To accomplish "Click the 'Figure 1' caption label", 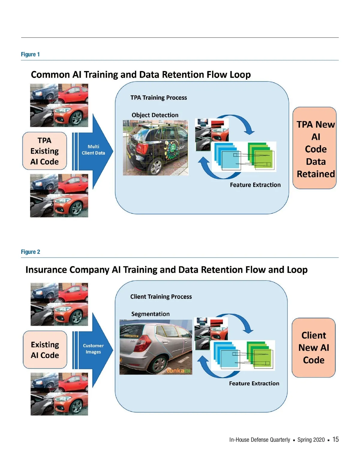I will pyautogui.click(x=30, y=54).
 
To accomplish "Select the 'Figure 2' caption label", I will pyautogui.click(x=30, y=252).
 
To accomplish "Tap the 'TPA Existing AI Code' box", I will pyautogui.click(x=44, y=151).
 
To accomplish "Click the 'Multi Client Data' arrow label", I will pyautogui.click(x=93, y=150).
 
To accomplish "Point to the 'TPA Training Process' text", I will pyautogui.click(x=158, y=98).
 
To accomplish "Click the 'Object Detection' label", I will pyautogui.click(x=155, y=115).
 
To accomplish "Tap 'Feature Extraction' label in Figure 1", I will pyautogui.click(x=255, y=185).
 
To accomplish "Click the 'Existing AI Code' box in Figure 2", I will pyautogui.click(x=45, y=350).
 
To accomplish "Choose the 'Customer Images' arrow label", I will pyautogui.click(x=93, y=349).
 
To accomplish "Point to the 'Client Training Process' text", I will pyautogui.click(x=161, y=297).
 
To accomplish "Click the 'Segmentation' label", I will pyautogui.click(x=150, y=314).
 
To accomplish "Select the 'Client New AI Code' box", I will pyautogui.click(x=313, y=348).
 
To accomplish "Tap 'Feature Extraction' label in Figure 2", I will pyautogui.click(x=254, y=384).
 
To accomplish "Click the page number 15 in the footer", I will pyautogui.click(x=335, y=439).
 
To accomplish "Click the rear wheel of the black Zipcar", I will pyautogui.click(x=156, y=167).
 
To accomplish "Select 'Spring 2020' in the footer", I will pyautogui.click(x=311, y=440).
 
